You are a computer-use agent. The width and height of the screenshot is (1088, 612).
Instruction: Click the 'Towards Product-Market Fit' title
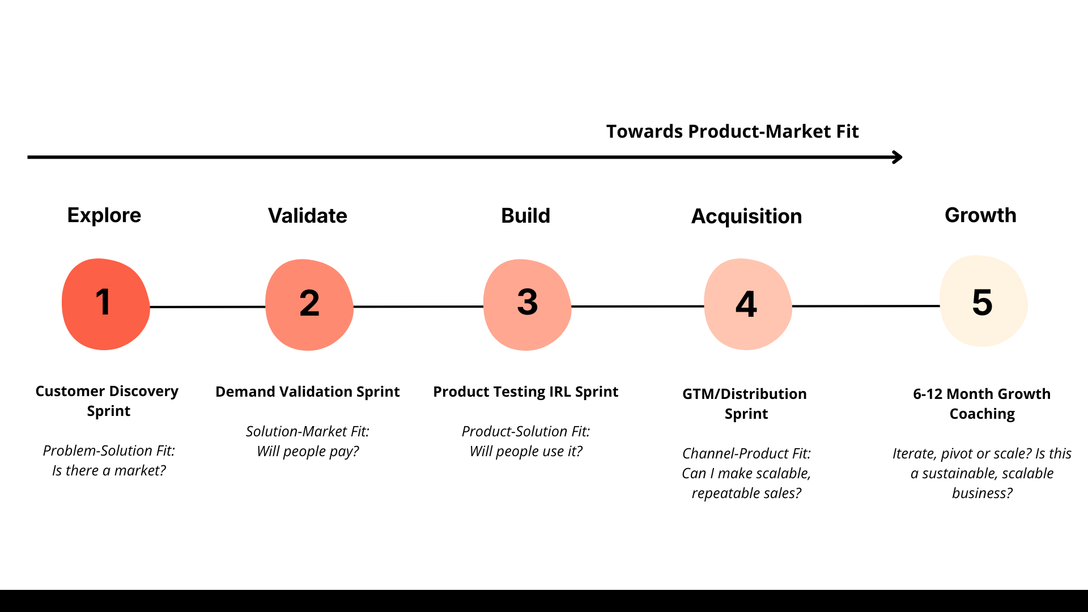pos(732,131)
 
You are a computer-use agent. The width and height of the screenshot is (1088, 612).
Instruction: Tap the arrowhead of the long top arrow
pos(898,157)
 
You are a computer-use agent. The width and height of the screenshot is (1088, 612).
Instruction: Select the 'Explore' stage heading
pos(104,215)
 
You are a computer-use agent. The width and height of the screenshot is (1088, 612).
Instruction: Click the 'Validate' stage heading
pos(307,216)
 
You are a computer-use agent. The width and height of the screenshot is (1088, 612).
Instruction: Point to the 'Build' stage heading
pos(525,216)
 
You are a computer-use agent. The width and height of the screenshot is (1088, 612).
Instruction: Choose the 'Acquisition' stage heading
pos(746,216)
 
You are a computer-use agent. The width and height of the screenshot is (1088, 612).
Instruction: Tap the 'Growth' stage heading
pos(980,215)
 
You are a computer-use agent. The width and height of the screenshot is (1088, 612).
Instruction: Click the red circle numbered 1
pos(105,304)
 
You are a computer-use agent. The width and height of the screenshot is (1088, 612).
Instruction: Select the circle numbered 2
pos(309,305)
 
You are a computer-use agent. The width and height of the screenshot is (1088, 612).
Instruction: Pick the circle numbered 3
pos(527,305)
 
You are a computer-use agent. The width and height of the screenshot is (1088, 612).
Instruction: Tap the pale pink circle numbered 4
pos(747,304)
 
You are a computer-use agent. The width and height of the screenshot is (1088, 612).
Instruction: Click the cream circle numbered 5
pos(983,301)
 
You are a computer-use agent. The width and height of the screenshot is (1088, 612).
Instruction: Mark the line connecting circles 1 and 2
pos(207,307)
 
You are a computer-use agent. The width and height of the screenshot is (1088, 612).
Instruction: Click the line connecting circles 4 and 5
pos(865,306)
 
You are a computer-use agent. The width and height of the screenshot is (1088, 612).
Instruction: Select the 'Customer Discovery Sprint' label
pos(107,401)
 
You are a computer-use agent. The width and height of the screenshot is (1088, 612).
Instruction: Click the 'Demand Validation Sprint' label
pos(307,392)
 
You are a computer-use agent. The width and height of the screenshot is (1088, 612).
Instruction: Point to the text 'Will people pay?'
pos(308,452)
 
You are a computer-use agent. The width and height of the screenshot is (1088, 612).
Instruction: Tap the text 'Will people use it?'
pos(526,452)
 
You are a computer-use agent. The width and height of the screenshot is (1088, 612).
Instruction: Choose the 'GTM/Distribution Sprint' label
pos(745,403)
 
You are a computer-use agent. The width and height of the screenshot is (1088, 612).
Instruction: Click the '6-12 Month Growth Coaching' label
pos(981,403)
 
